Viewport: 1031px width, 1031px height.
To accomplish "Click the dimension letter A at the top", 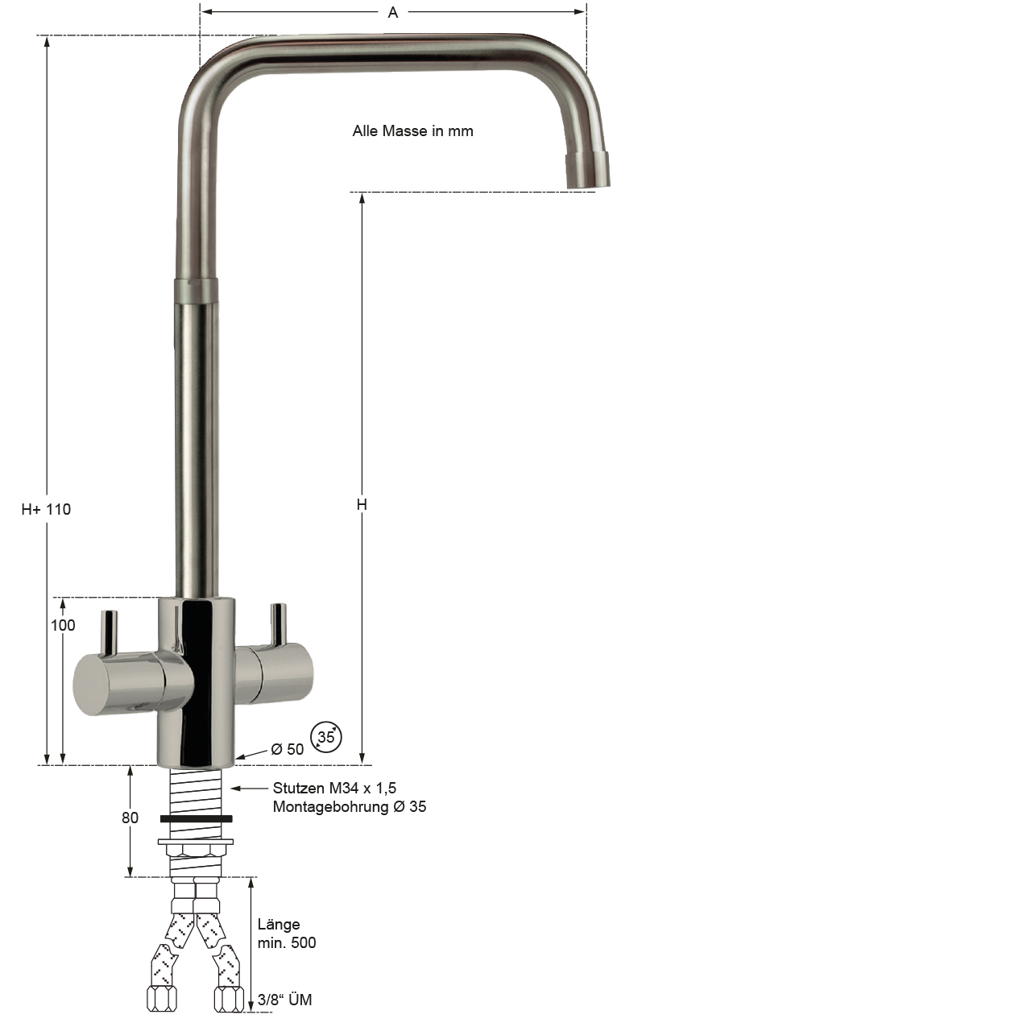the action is [393, 12].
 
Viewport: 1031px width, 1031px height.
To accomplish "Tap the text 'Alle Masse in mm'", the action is [412, 131].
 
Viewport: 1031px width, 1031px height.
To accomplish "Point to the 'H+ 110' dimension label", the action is [46, 509].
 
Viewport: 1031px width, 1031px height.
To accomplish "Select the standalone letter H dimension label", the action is [362, 504].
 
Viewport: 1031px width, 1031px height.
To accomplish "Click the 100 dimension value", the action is [63, 625].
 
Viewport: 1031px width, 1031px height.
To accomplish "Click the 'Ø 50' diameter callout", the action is [288, 749].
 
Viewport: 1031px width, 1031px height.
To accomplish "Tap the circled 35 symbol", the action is [326, 737].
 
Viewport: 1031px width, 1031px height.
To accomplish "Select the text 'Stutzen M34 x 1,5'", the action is [334, 788].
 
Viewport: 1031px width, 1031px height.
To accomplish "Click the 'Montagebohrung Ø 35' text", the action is [350, 807].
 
